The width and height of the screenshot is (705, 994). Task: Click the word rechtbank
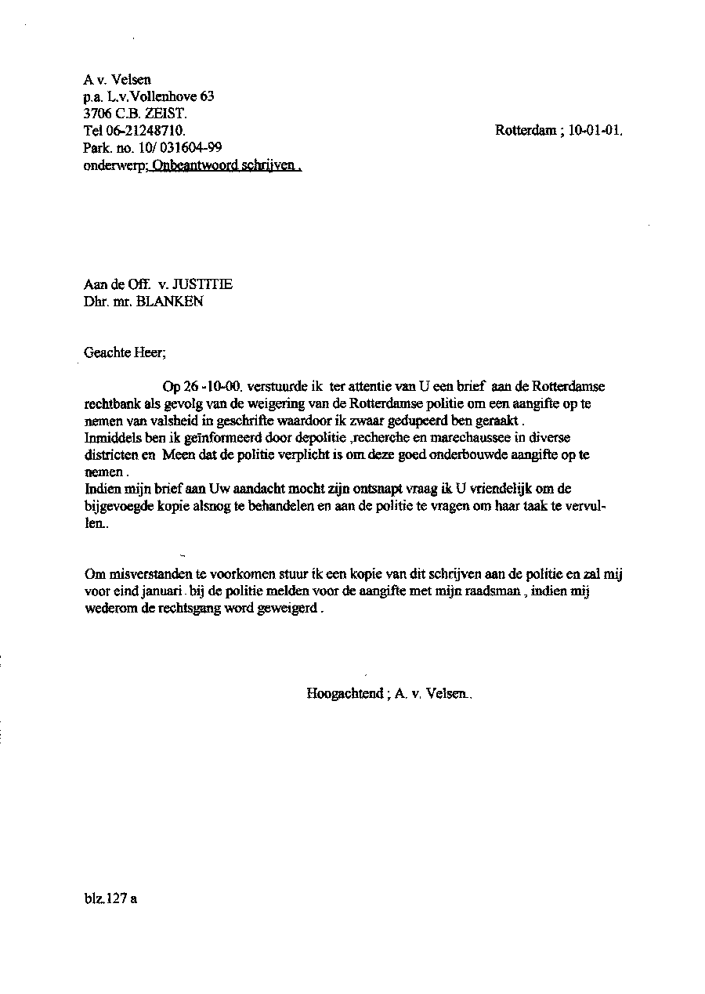point(111,404)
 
